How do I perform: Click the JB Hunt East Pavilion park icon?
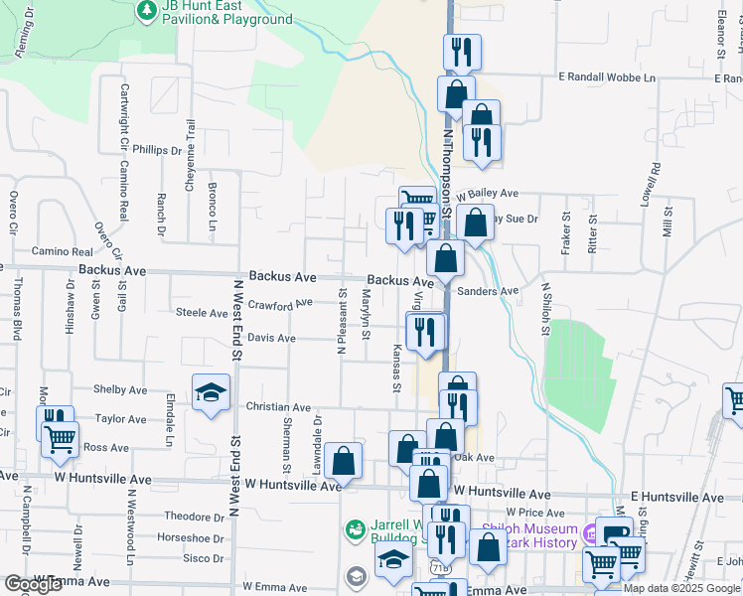click(147, 10)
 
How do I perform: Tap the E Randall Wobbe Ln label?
click(607, 77)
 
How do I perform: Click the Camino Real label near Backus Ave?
click(62, 252)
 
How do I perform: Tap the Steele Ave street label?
click(202, 313)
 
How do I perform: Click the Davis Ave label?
click(271, 339)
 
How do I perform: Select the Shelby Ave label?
click(119, 390)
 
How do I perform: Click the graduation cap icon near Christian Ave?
click(212, 393)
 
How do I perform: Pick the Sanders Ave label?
click(489, 292)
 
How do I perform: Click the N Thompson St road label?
click(448, 169)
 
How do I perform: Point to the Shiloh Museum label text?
click(528, 535)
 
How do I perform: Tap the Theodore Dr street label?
click(194, 518)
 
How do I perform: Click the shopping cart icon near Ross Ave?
click(61, 439)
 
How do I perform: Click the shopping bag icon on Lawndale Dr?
click(342, 461)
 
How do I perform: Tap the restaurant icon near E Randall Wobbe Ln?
click(461, 53)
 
